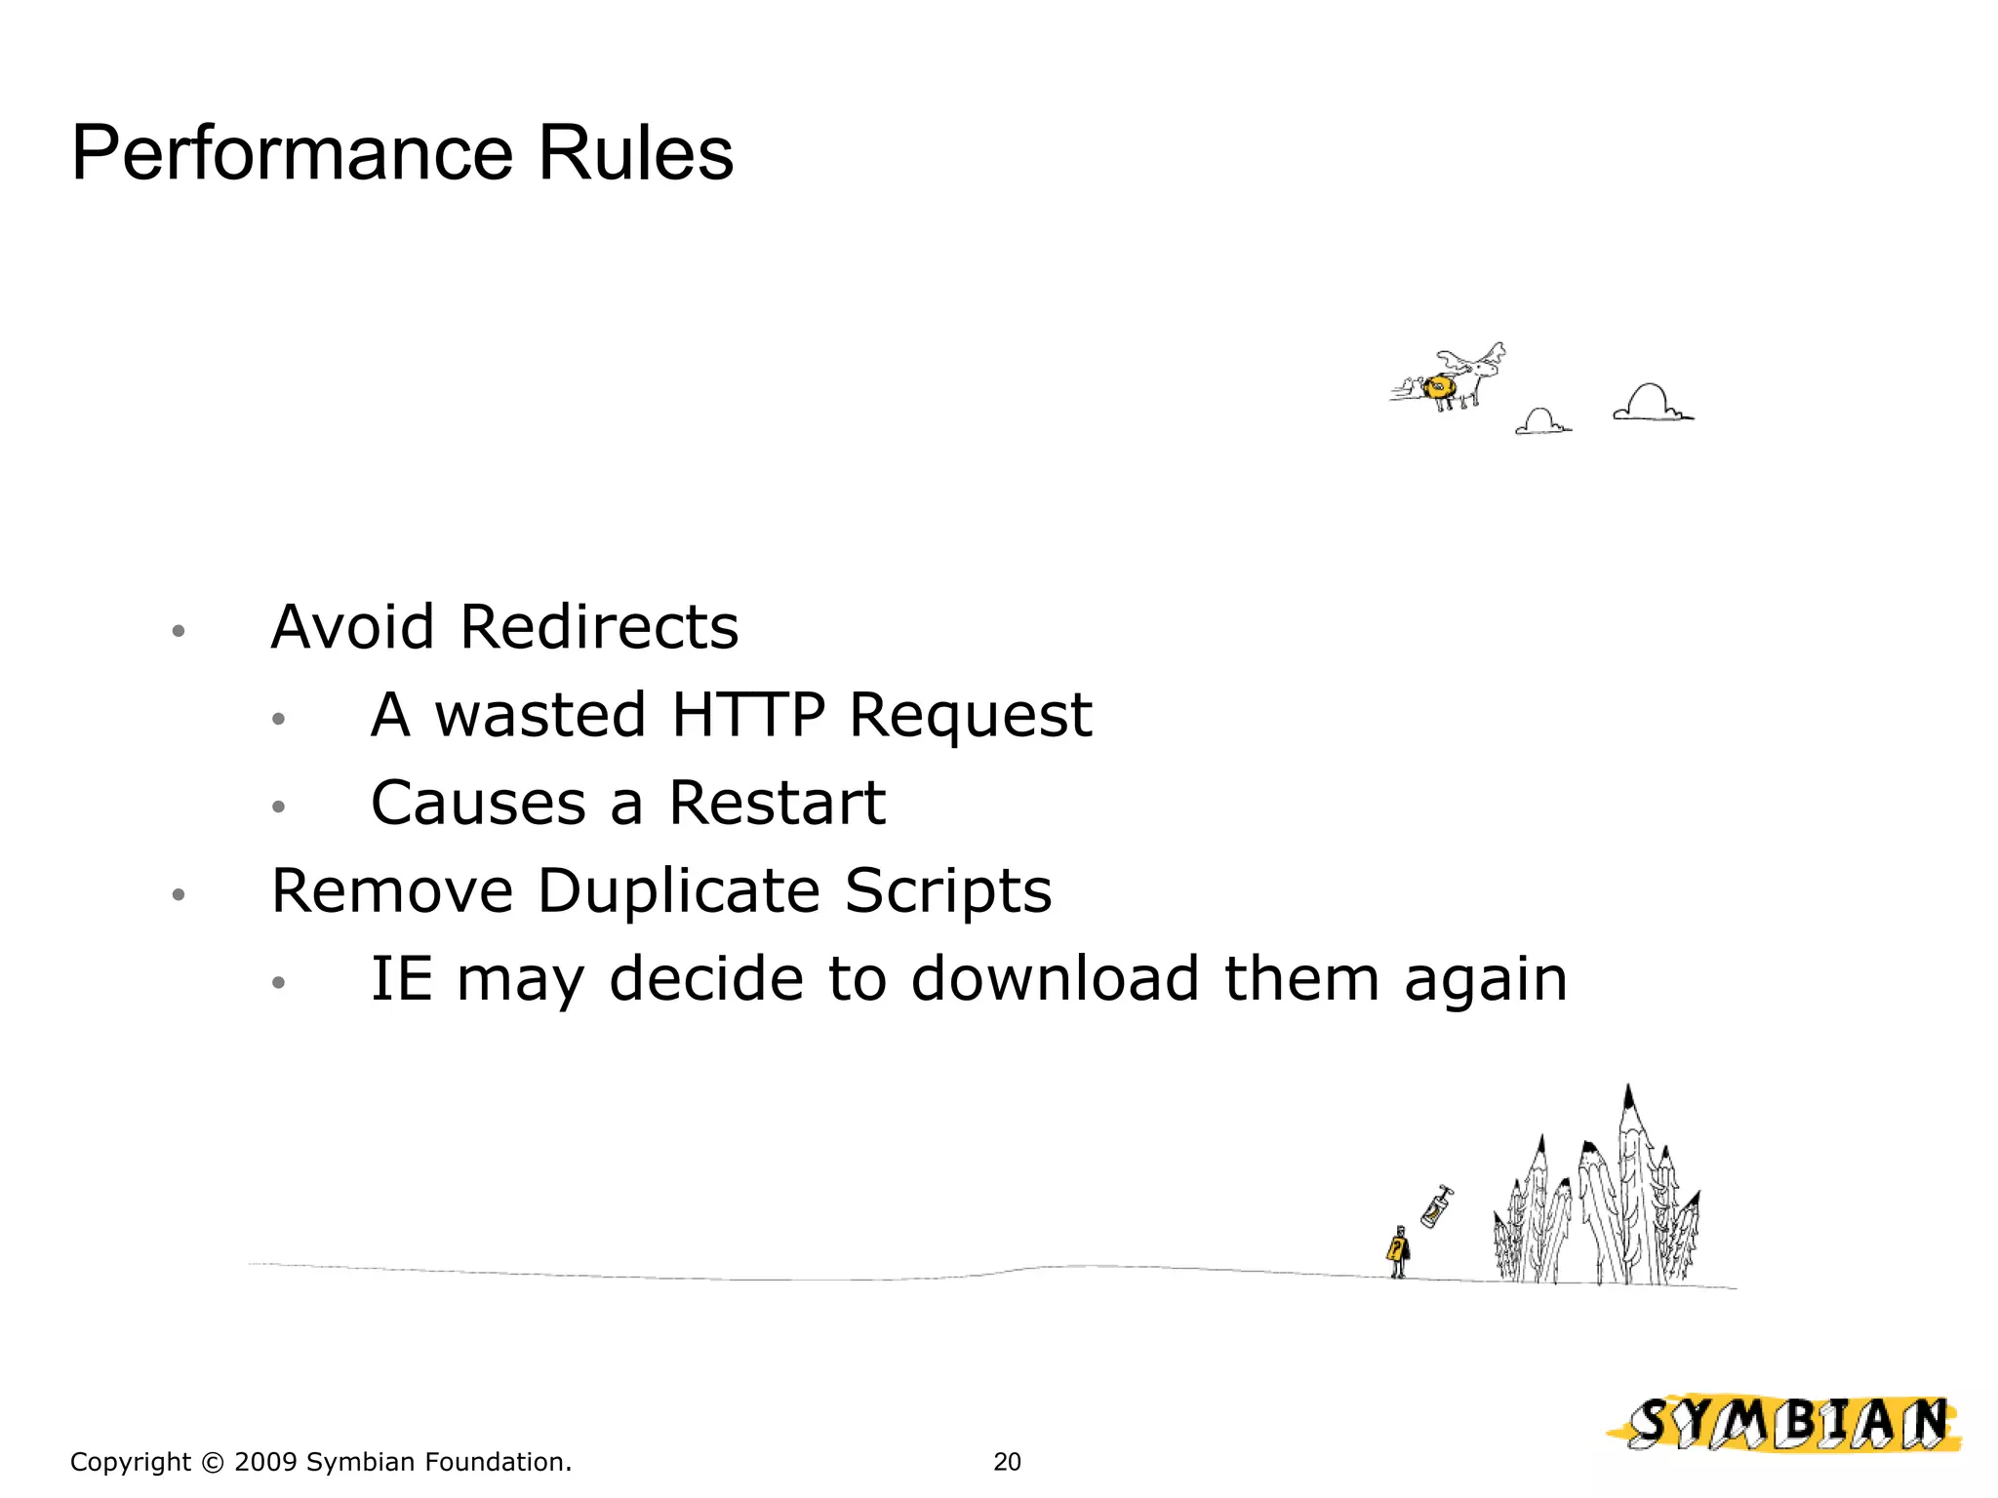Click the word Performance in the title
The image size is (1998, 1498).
click(293, 154)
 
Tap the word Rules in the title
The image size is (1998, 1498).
click(635, 154)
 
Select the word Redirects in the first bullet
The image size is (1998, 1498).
click(599, 627)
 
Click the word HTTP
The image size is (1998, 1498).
click(748, 715)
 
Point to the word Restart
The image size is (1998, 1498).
click(777, 804)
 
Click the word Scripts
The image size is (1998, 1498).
click(947, 891)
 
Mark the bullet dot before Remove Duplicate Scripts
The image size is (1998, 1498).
click(178, 895)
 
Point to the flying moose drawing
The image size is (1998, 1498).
click(1454, 380)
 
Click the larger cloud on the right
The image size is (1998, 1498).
click(1652, 403)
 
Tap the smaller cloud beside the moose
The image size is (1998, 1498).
click(1541, 422)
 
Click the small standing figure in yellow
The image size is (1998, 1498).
click(1399, 1252)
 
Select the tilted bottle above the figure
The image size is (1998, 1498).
click(1435, 1207)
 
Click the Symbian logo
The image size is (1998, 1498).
click(1784, 1423)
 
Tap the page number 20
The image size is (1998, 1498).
click(1007, 1462)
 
